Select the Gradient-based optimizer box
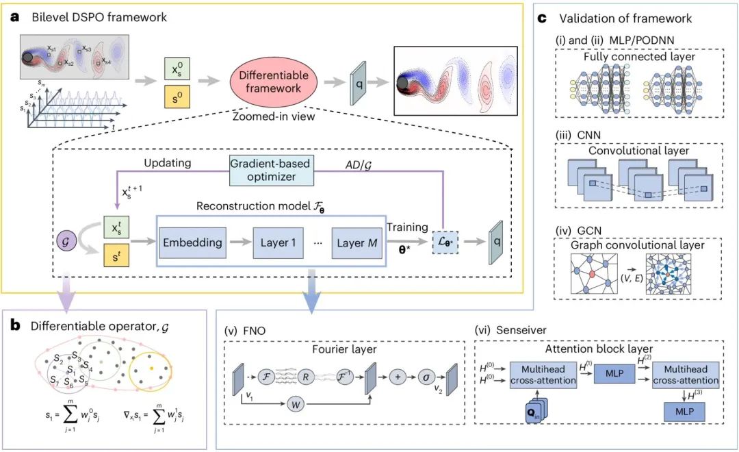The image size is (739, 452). (x=270, y=171)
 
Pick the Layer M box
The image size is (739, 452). (x=356, y=242)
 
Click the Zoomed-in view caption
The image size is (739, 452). (x=273, y=116)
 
